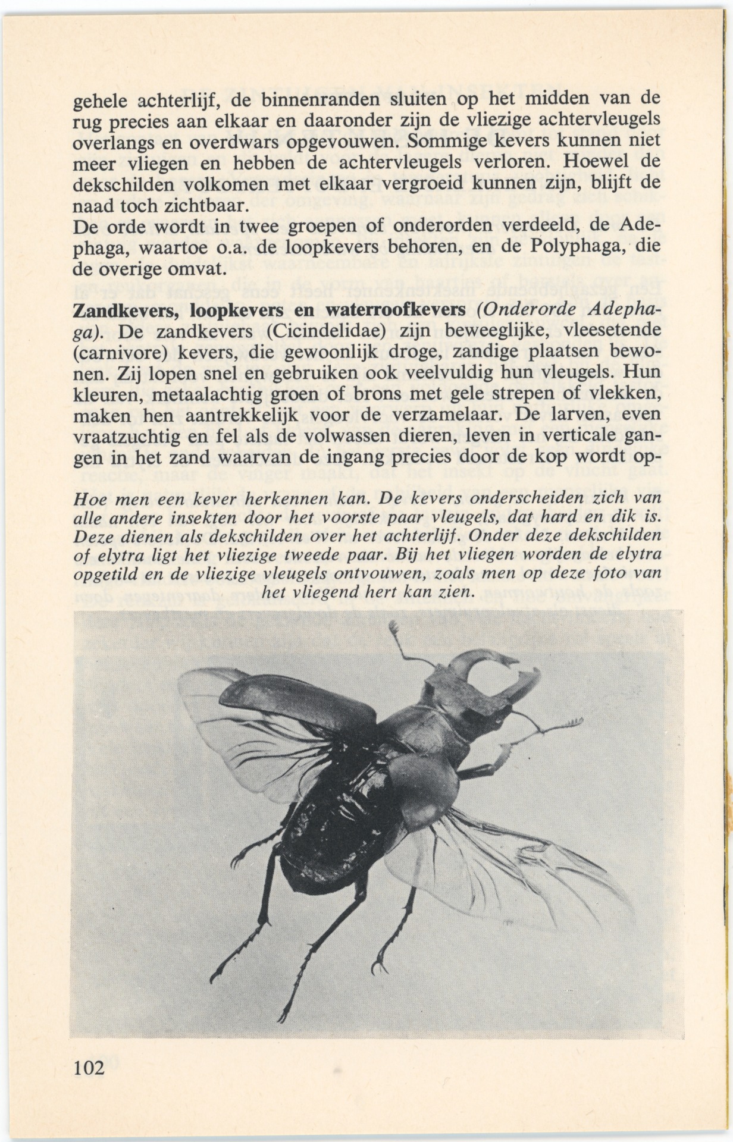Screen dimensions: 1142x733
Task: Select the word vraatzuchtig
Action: pos(123,435)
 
